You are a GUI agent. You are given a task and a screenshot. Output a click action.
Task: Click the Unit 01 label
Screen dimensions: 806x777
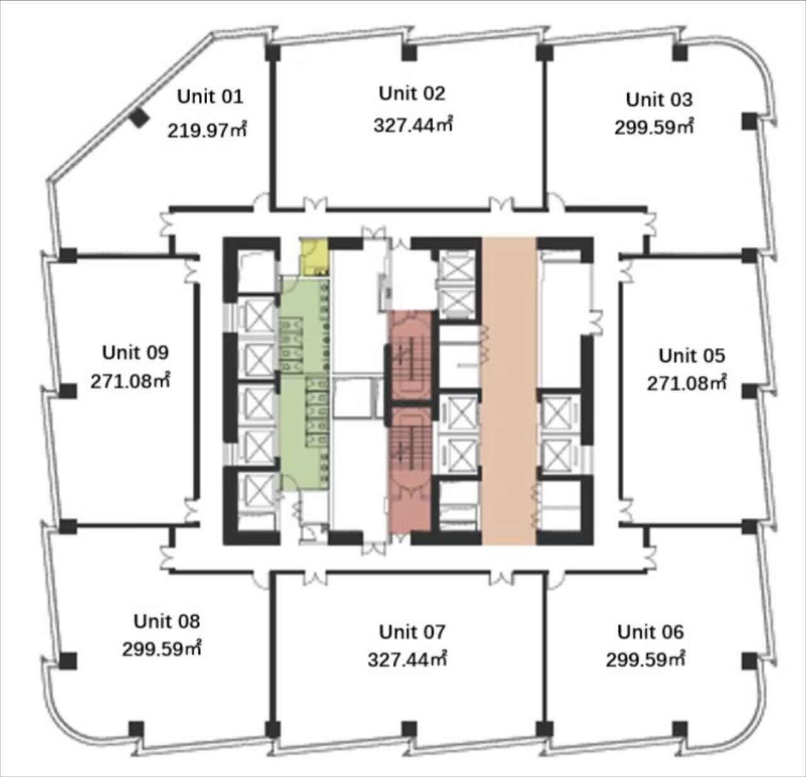(x=210, y=96)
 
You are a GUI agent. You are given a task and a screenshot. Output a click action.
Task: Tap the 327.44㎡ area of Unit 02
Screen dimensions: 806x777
(x=413, y=124)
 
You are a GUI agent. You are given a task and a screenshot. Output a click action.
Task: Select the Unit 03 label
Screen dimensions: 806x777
(x=659, y=100)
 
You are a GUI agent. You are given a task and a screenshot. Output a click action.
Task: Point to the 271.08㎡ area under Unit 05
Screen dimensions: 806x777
(x=687, y=383)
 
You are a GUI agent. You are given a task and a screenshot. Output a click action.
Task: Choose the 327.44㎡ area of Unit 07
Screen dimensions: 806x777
(x=407, y=659)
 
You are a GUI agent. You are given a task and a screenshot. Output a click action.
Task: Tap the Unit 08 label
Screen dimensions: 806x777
(x=167, y=621)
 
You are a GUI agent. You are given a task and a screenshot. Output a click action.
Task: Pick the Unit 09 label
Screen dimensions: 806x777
(x=135, y=353)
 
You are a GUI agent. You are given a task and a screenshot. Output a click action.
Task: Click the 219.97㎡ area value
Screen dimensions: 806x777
(x=207, y=130)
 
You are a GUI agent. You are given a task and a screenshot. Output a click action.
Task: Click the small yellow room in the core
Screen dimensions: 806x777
(x=314, y=256)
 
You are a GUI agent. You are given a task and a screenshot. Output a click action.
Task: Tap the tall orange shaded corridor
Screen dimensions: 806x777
(x=509, y=391)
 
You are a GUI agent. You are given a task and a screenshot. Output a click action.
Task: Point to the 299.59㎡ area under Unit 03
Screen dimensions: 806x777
(x=654, y=127)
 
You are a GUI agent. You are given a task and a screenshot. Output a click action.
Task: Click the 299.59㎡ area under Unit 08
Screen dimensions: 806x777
(x=162, y=648)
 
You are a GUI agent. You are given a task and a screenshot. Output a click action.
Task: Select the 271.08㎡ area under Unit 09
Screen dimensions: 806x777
(x=130, y=381)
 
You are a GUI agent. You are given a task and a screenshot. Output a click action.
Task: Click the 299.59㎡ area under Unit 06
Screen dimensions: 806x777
(x=645, y=659)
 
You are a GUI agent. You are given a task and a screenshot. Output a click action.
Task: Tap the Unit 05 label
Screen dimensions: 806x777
(x=691, y=355)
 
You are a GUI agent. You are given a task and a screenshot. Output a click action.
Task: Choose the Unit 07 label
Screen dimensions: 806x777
(x=412, y=632)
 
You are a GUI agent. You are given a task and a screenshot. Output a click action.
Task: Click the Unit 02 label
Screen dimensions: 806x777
(x=412, y=93)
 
